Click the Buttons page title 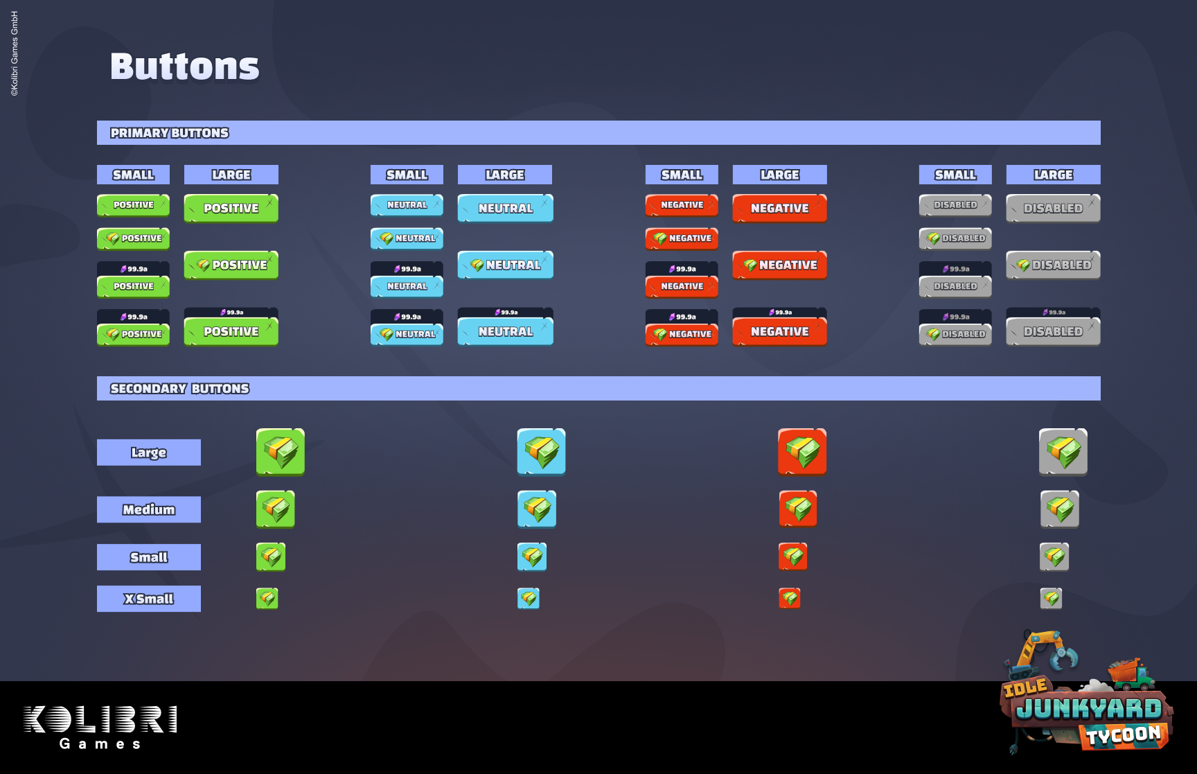coord(184,67)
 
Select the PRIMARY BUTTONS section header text coord(170,133)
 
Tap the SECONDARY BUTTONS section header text coord(179,389)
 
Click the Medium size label coord(149,510)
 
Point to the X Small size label coord(149,599)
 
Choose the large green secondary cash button coord(281,452)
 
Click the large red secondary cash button coord(802,452)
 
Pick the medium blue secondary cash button coord(537,509)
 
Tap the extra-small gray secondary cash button coord(1051,598)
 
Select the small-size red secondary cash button coord(793,556)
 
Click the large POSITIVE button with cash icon coord(231,265)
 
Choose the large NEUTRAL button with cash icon coord(506,265)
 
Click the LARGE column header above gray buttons coord(1053,175)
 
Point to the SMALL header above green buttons coord(133,175)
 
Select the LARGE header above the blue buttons coord(505,175)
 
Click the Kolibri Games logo coord(100,727)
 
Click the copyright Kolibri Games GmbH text coord(15,53)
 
